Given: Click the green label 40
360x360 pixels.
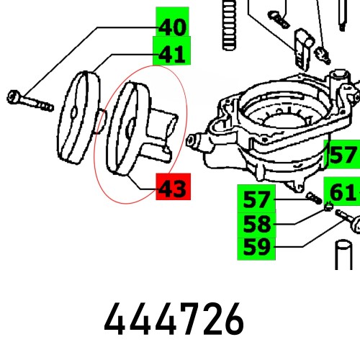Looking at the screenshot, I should point(171,27).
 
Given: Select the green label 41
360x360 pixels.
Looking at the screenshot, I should point(171,53).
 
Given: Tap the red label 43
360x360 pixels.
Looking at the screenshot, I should point(171,189).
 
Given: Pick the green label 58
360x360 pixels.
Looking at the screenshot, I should point(257,222).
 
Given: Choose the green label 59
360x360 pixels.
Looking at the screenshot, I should point(257,247).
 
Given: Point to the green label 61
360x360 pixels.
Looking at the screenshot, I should point(343,192).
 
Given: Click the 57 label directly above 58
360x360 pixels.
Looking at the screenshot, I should point(257,198).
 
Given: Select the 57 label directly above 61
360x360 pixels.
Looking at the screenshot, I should point(343,154).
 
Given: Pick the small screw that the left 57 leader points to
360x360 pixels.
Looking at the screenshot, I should point(314,199).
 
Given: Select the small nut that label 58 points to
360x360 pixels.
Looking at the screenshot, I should point(325,210).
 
